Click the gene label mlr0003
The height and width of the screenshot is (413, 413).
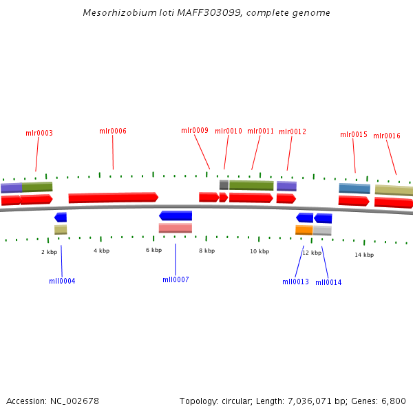click(x=39, y=133)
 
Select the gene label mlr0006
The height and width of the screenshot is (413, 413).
click(x=113, y=131)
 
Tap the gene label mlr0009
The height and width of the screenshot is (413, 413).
click(x=195, y=130)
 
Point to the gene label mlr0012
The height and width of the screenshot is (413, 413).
click(x=293, y=131)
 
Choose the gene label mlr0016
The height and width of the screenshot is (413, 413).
click(x=387, y=136)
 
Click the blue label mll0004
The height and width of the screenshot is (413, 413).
click(x=62, y=281)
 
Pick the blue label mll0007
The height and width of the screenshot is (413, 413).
click(x=176, y=279)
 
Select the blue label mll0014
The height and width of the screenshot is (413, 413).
click(x=328, y=282)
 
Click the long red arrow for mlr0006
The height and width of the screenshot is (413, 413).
click(x=113, y=198)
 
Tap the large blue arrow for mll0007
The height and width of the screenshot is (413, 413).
click(x=176, y=215)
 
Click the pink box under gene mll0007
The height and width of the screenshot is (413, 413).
click(x=176, y=228)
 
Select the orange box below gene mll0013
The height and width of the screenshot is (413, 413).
click(x=304, y=230)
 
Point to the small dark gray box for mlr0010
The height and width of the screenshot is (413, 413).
click(x=224, y=184)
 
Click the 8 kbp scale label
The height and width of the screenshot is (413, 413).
click(x=207, y=251)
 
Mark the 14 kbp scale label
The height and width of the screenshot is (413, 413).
click(x=364, y=255)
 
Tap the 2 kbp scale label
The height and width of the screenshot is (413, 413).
click(x=49, y=252)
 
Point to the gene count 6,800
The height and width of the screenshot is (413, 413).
click(x=393, y=401)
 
